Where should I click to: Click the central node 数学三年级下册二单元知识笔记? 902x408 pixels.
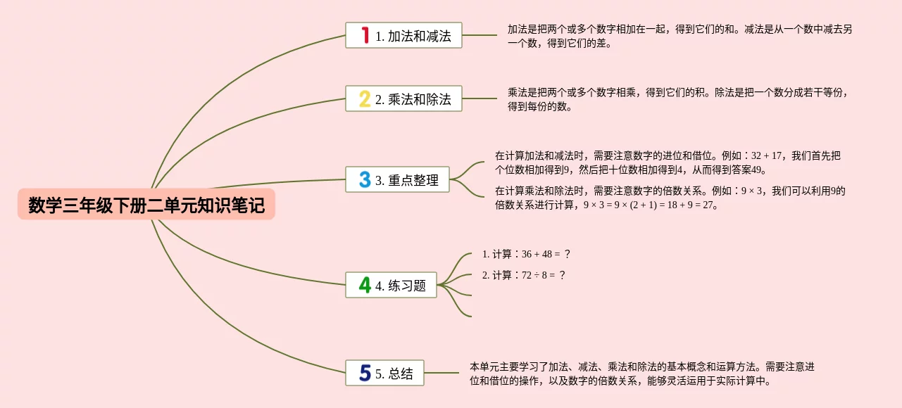coord(146,205)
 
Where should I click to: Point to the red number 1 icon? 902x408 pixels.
coord(365,35)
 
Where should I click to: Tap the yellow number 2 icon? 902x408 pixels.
coord(365,98)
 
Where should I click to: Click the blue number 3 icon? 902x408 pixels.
coord(365,180)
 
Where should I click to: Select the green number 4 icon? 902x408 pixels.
coord(365,285)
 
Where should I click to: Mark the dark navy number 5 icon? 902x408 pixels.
coord(365,373)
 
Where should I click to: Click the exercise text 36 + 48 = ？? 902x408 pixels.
coord(546,254)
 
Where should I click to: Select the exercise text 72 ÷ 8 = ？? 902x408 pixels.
coord(544,275)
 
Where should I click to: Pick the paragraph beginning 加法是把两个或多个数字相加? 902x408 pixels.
coord(679,36)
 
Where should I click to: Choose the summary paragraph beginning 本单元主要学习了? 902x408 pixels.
coord(641,374)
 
